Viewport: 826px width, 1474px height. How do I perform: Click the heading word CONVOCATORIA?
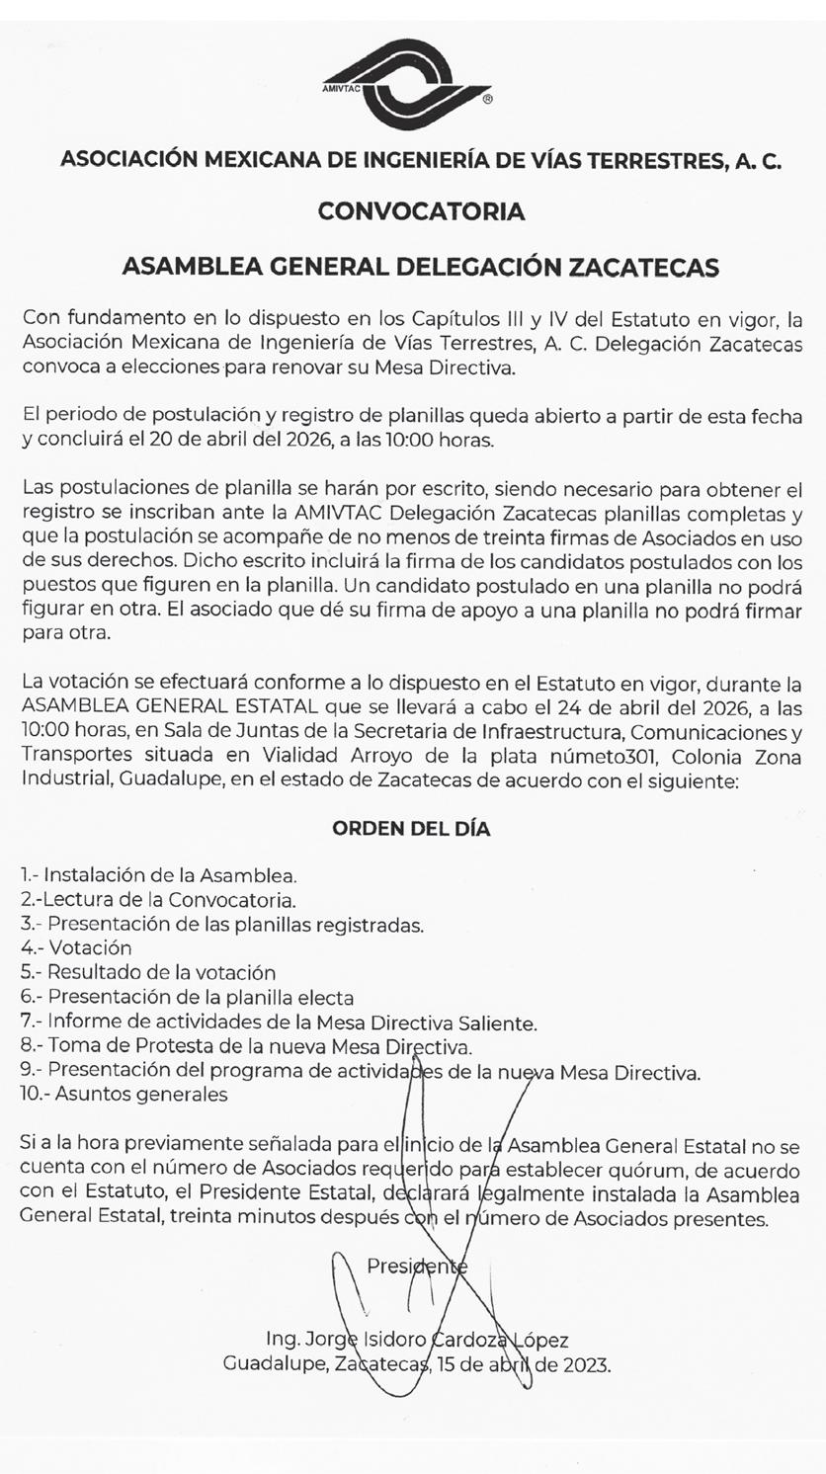coord(421,211)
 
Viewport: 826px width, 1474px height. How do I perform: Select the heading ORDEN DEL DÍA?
coord(411,829)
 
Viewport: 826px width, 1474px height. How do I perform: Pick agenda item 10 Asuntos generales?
coord(124,1095)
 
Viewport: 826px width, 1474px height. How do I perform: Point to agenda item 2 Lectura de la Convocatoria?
coord(158,900)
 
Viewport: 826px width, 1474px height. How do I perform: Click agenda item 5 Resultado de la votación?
coord(148,973)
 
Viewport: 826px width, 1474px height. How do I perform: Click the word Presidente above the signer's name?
coord(416,1266)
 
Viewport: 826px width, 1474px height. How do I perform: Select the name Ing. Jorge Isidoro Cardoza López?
coord(417,1341)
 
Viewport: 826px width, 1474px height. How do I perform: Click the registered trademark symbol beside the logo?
coord(488,100)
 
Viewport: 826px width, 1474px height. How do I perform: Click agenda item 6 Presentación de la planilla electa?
coord(188,998)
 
